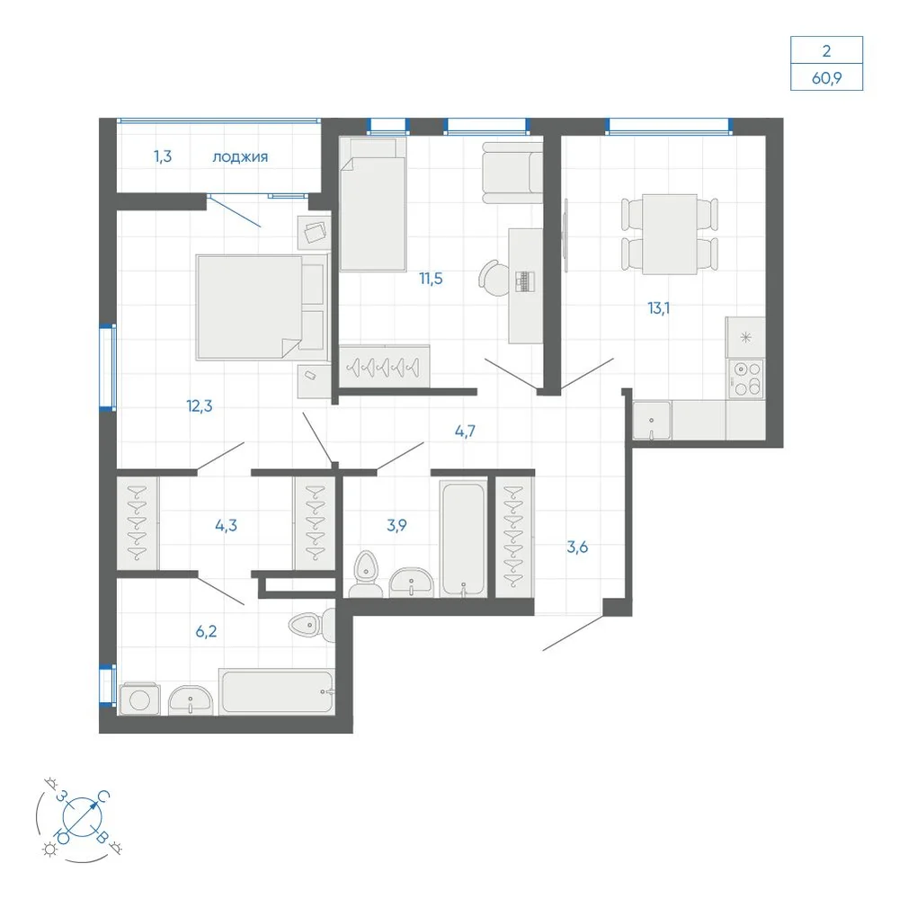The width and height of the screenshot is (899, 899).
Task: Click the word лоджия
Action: click(x=240, y=157)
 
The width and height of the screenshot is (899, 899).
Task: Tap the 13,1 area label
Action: click(x=659, y=308)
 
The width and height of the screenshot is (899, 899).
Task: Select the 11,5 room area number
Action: click(x=431, y=279)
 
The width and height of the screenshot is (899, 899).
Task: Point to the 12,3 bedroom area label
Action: click(x=200, y=406)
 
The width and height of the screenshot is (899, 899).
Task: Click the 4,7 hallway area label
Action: click(x=465, y=432)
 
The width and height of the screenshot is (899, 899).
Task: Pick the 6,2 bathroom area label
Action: click(x=207, y=631)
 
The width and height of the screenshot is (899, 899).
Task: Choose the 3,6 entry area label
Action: click(x=577, y=547)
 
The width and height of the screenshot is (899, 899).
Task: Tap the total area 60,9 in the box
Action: click(x=827, y=77)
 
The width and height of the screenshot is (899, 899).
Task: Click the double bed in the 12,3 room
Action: click(x=262, y=307)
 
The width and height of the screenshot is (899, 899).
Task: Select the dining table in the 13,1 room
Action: click(x=670, y=235)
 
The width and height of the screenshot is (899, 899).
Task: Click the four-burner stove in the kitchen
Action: click(x=746, y=378)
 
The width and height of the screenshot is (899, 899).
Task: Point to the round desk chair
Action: click(x=494, y=278)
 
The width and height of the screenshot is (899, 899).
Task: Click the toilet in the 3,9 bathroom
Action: click(x=365, y=574)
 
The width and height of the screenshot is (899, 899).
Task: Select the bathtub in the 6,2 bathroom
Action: click(x=276, y=692)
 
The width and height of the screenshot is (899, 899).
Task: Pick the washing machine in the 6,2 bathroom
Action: click(x=139, y=699)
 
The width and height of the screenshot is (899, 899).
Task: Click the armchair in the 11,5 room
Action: click(x=512, y=173)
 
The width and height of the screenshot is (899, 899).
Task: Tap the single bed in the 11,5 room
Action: click(x=373, y=204)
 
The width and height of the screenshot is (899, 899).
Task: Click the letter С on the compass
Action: click(x=103, y=797)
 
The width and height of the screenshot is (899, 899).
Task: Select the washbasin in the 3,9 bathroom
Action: click(x=412, y=583)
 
